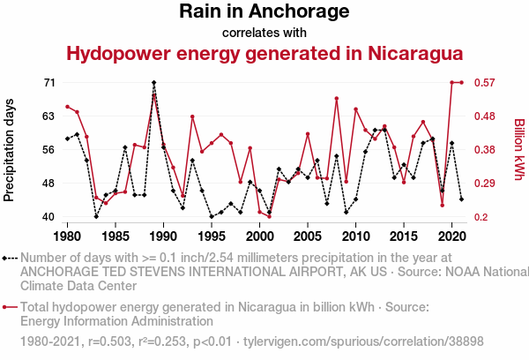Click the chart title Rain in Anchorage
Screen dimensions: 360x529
[x=264, y=12]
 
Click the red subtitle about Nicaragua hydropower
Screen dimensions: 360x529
[x=264, y=54]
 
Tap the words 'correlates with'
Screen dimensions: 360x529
[x=264, y=33]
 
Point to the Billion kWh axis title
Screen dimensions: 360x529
[x=519, y=149]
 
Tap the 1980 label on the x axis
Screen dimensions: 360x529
[x=68, y=236]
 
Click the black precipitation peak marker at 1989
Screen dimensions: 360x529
[x=154, y=83]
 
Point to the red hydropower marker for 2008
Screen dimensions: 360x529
[x=337, y=99]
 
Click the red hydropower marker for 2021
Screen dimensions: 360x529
[x=461, y=83]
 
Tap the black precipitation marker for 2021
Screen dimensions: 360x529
[x=461, y=199]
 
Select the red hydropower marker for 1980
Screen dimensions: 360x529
[x=68, y=107]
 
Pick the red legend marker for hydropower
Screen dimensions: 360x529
[x=7, y=308]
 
